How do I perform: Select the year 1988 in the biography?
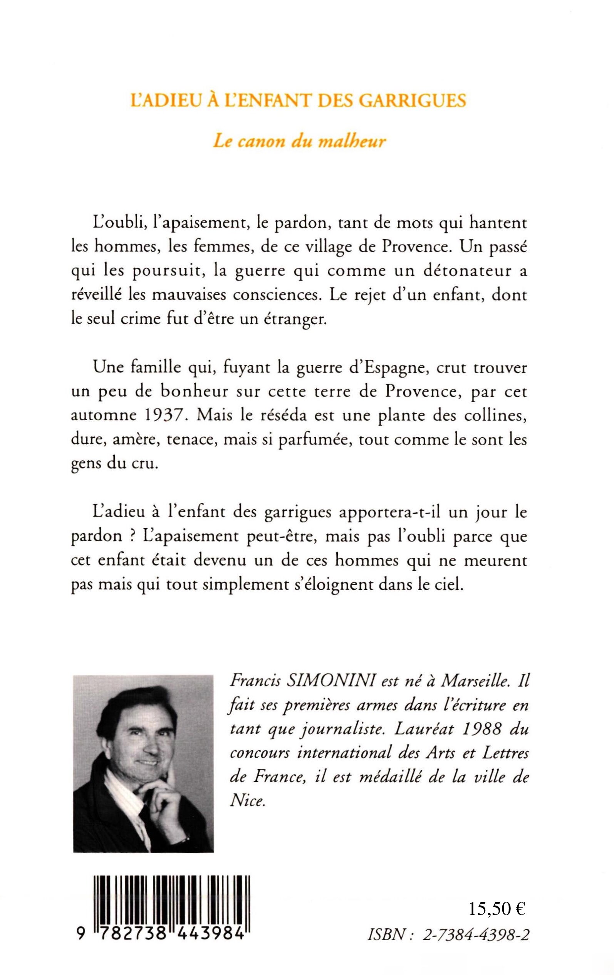(480, 730)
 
